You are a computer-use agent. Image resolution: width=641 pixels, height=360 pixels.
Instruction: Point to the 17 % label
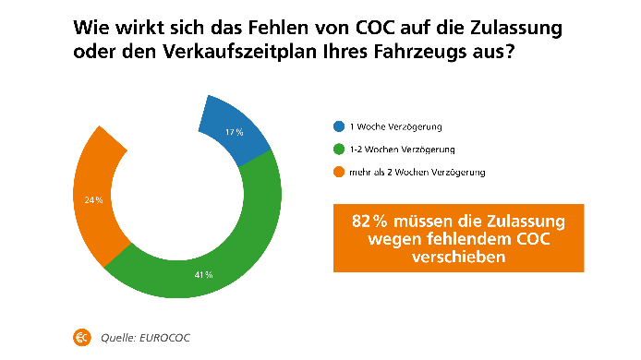pos(235,133)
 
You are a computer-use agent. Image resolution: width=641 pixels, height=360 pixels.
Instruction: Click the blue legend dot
pos(338,127)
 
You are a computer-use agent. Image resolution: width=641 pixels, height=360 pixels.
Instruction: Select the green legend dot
pos(338,149)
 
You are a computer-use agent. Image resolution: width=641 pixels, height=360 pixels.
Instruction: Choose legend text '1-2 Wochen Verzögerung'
pos(395,149)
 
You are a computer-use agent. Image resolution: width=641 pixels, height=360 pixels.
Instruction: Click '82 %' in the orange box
pos(371,222)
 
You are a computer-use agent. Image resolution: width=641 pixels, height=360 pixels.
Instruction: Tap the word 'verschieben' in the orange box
pos(459,258)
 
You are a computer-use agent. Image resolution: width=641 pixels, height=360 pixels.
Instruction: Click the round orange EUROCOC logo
pos(82,337)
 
